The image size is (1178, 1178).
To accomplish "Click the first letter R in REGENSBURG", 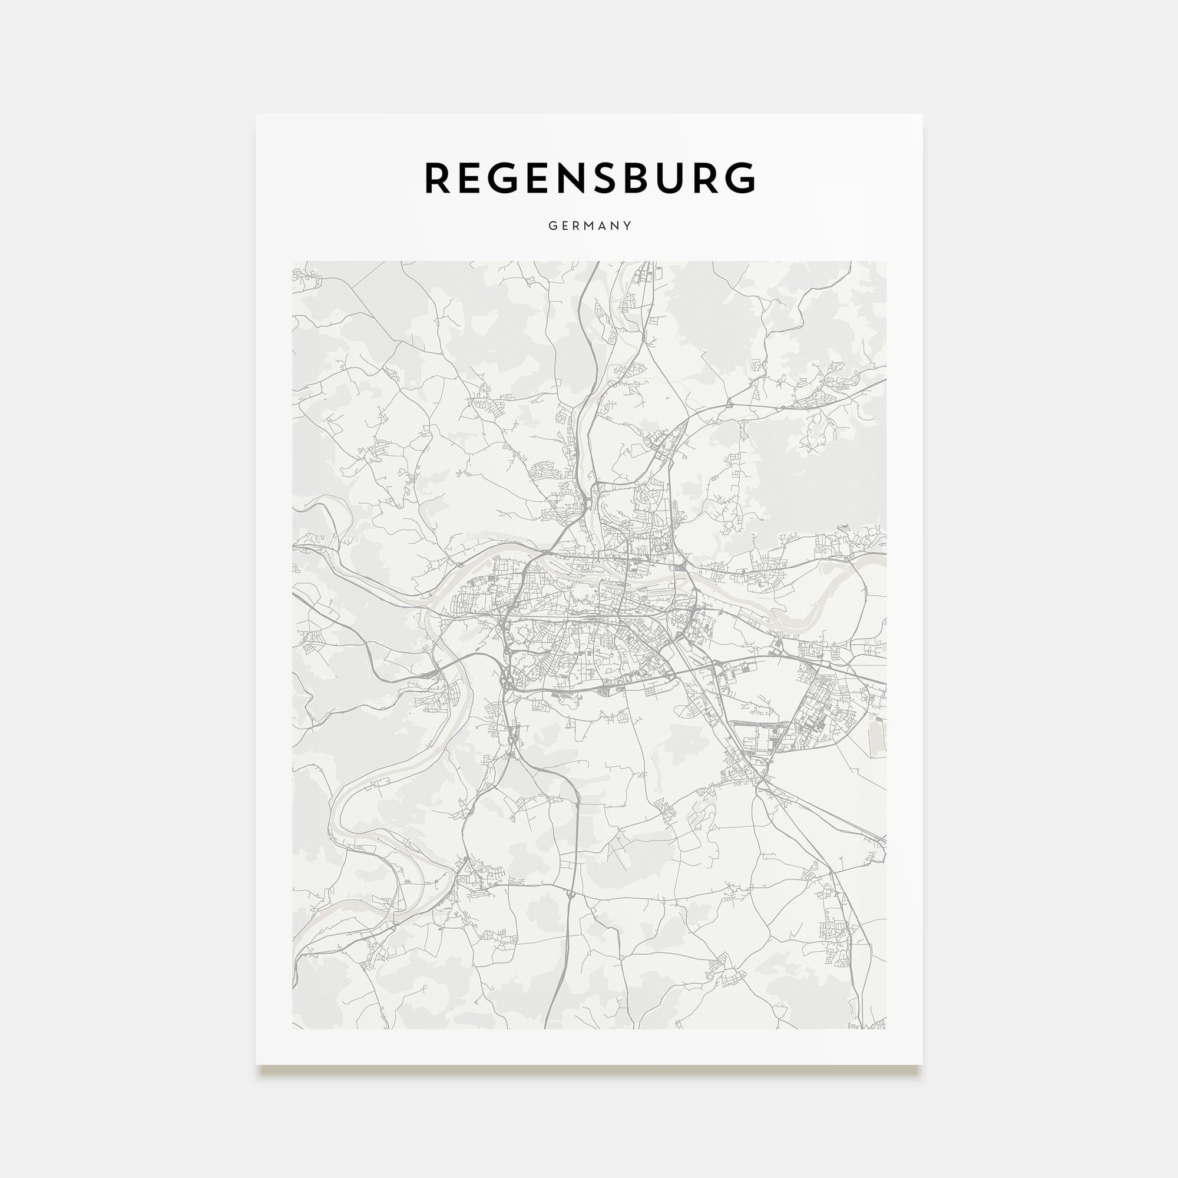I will tap(437, 178).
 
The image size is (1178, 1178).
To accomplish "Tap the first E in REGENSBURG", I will tap(471, 178).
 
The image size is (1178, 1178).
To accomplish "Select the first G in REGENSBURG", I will tap(505, 178).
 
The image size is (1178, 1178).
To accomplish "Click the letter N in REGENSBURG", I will tap(575, 178).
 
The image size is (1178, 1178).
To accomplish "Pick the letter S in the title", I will tap(610, 178).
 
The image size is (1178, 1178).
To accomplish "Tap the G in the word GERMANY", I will tap(552, 226).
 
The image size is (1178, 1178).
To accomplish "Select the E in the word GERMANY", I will tap(565, 226).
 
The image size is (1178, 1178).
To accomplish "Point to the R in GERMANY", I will tap(576, 226).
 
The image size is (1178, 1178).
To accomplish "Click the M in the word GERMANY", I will tap(590, 226).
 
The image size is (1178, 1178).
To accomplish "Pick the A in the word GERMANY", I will tap(603, 226).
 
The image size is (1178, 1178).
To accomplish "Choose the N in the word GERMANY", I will tap(616, 226).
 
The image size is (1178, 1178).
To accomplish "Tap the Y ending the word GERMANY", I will tap(627, 226).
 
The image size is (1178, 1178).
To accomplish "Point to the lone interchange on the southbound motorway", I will tap(570, 895).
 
